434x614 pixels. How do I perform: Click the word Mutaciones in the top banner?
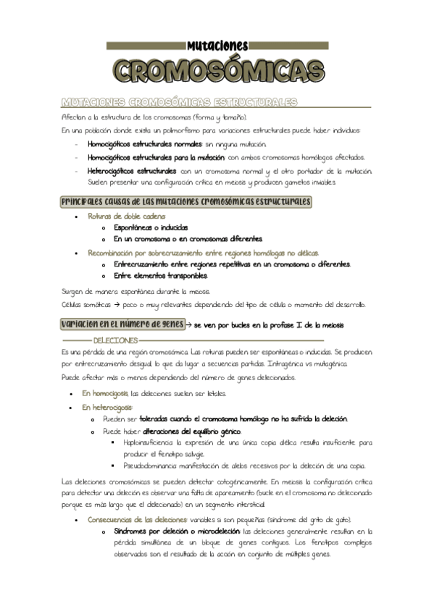tap(217, 45)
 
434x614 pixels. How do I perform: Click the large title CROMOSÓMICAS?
tap(218, 71)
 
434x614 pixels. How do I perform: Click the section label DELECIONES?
tap(115, 340)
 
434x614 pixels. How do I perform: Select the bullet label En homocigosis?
tap(105, 394)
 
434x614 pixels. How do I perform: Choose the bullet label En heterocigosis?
tap(107, 408)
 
